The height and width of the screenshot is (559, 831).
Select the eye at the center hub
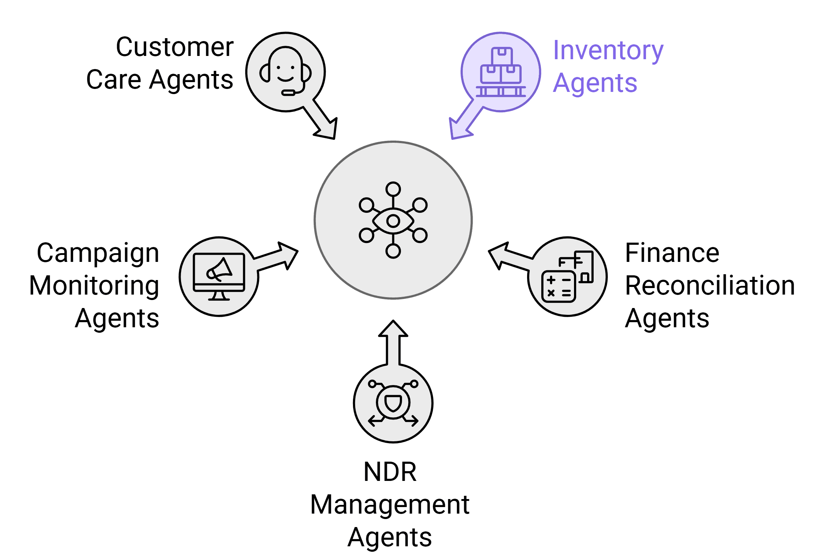coord(393,220)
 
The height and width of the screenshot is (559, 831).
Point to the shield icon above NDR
coord(393,403)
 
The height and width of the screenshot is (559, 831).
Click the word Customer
coord(174,47)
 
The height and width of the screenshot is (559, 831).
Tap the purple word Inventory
coord(608,51)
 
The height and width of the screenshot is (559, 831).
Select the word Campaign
coord(98,253)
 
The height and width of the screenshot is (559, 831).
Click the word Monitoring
coord(94,286)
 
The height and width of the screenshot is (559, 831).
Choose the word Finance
coord(672,253)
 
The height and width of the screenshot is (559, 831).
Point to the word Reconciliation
coord(710,286)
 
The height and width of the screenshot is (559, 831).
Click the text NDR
coord(390,472)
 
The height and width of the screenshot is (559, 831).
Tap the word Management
coord(390,505)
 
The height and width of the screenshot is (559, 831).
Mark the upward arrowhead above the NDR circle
coord(393,329)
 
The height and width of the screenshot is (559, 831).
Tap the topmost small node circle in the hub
coord(393,189)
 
